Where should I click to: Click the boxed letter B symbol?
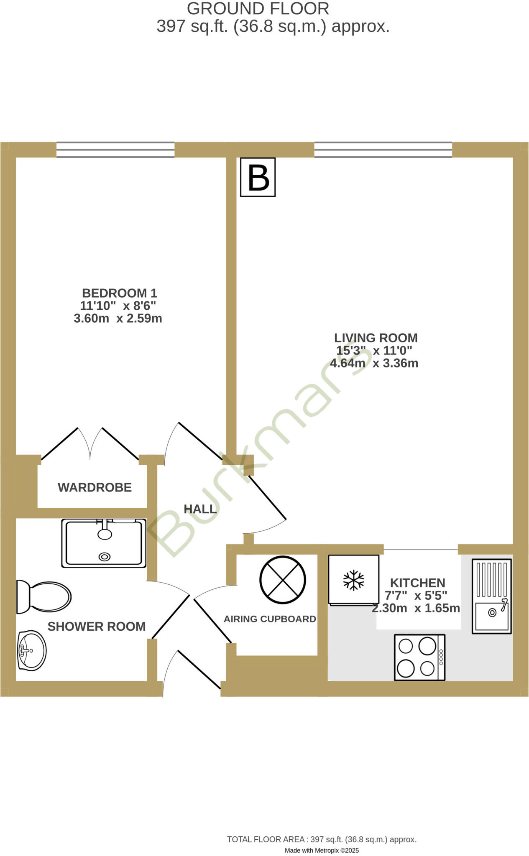(x=258, y=177)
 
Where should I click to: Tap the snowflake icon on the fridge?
(x=354, y=580)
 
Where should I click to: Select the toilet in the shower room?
(x=44, y=597)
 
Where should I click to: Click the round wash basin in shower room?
(x=32, y=650)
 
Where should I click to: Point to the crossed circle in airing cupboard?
(x=283, y=580)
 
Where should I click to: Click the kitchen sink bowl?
(x=492, y=616)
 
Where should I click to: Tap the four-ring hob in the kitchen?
(x=419, y=657)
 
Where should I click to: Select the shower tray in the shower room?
(x=104, y=543)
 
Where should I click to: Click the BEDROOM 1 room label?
(x=119, y=293)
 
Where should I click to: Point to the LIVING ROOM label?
(x=376, y=338)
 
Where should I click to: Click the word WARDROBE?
(x=95, y=487)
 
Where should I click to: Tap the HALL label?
(x=200, y=509)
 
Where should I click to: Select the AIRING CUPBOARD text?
(x=270, y=619)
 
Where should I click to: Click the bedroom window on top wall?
(x=115, y=150)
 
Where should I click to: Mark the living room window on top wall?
(x=383, y=150)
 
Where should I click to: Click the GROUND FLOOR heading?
(x=258, y=9)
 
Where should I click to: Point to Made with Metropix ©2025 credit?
(x=322, y=850)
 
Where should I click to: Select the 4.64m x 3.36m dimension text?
(x=374, y=363)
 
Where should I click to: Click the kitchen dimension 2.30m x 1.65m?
(x=416, y=608)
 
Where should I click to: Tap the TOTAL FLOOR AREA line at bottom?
(x=322, y=839)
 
